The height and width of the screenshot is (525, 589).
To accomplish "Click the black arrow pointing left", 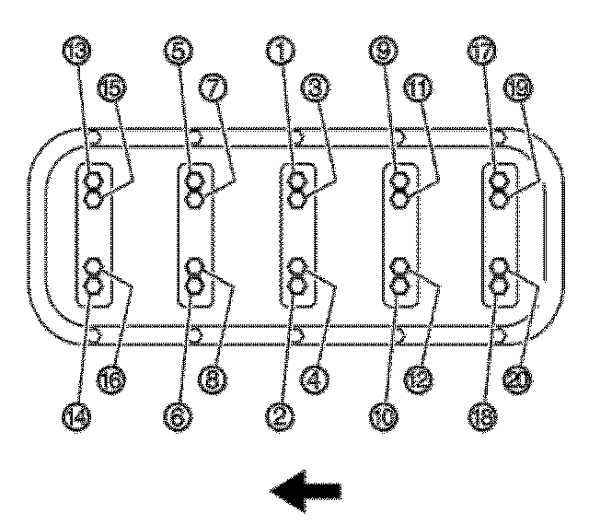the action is pyautogui.click(x=306, y=491).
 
